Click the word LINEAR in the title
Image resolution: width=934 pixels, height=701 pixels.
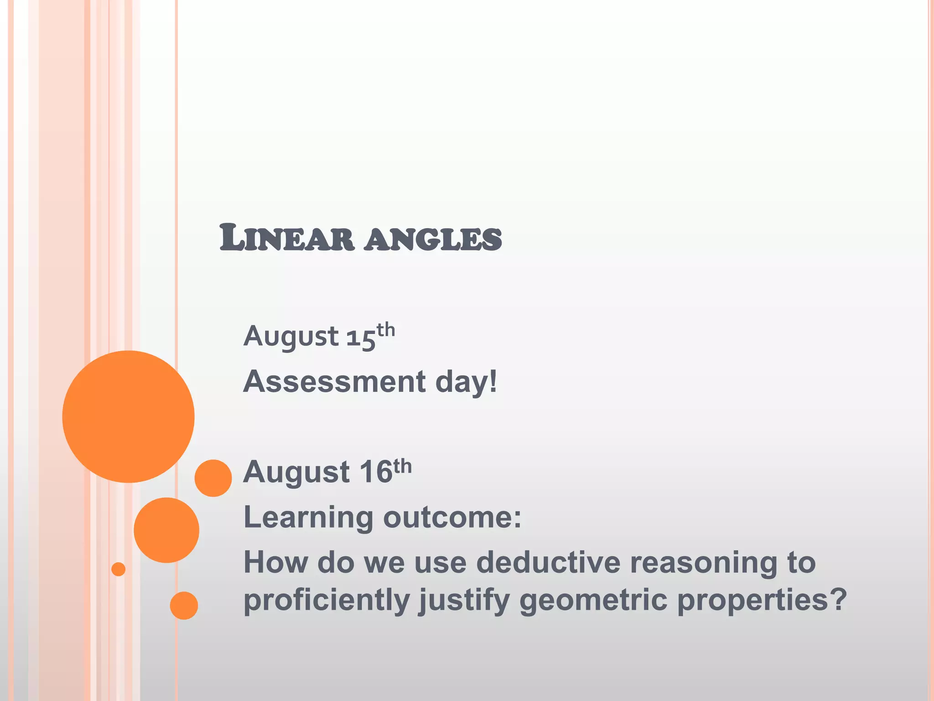click(x=286, y=238)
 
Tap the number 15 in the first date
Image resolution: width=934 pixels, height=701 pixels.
click(x=360, y=338)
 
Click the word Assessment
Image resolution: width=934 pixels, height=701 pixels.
click(x=334, y=382)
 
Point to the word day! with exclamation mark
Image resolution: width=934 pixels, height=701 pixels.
click(x=466, y=382)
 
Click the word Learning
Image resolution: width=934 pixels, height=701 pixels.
click(x=309, y=518)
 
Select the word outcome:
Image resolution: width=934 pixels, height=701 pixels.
click(x=451, y=518)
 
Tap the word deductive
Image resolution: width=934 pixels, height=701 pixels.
click(x=548, y=562)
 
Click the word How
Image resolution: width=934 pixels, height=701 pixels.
click(x=275, y=562)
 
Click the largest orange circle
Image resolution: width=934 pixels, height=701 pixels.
click(x=128, y=416)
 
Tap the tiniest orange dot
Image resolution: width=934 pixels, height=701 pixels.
click(x=118, y=569)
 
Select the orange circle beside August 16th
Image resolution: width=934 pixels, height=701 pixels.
click(x=213, y=478)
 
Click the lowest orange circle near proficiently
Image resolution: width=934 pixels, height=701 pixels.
click(x=184, y=605)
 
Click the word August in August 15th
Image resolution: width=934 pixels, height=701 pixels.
click(x=291, y=337)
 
